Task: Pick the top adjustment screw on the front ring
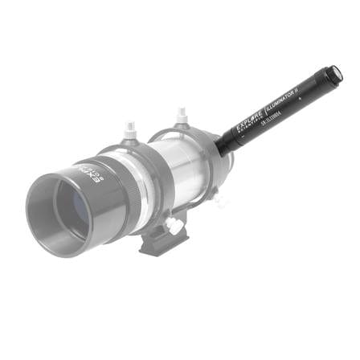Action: coord(130,129)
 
